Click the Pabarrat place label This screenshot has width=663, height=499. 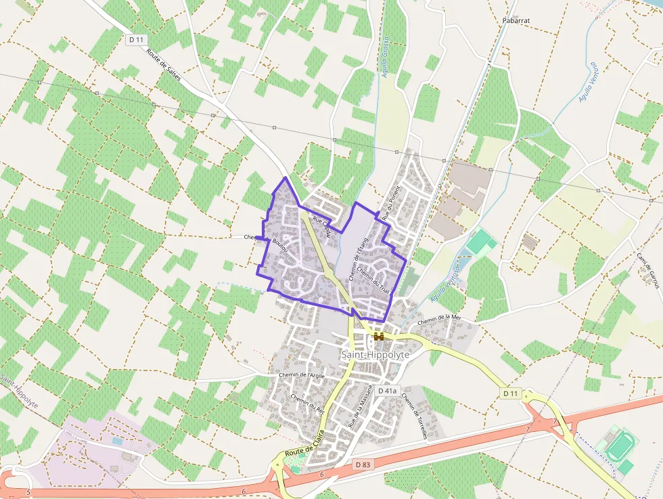516,20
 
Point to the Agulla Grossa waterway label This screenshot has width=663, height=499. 384,57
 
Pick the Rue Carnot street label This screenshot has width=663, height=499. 323,226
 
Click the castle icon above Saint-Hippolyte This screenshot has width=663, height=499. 378,336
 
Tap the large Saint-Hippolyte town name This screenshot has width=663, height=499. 375,355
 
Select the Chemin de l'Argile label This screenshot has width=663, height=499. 302,374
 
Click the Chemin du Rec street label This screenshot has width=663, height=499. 308,404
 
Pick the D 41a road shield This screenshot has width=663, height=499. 388,391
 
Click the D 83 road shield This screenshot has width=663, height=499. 363,464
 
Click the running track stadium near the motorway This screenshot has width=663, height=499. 618,446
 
